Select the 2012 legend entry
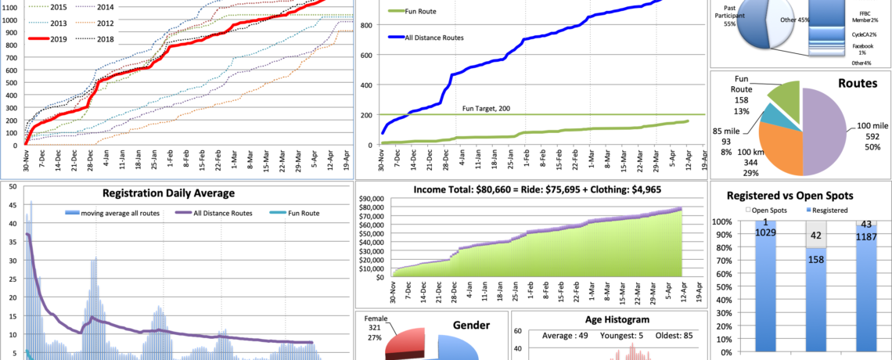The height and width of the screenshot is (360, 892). [x=108, y=23]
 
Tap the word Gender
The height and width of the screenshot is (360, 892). [x=471, y=325]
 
